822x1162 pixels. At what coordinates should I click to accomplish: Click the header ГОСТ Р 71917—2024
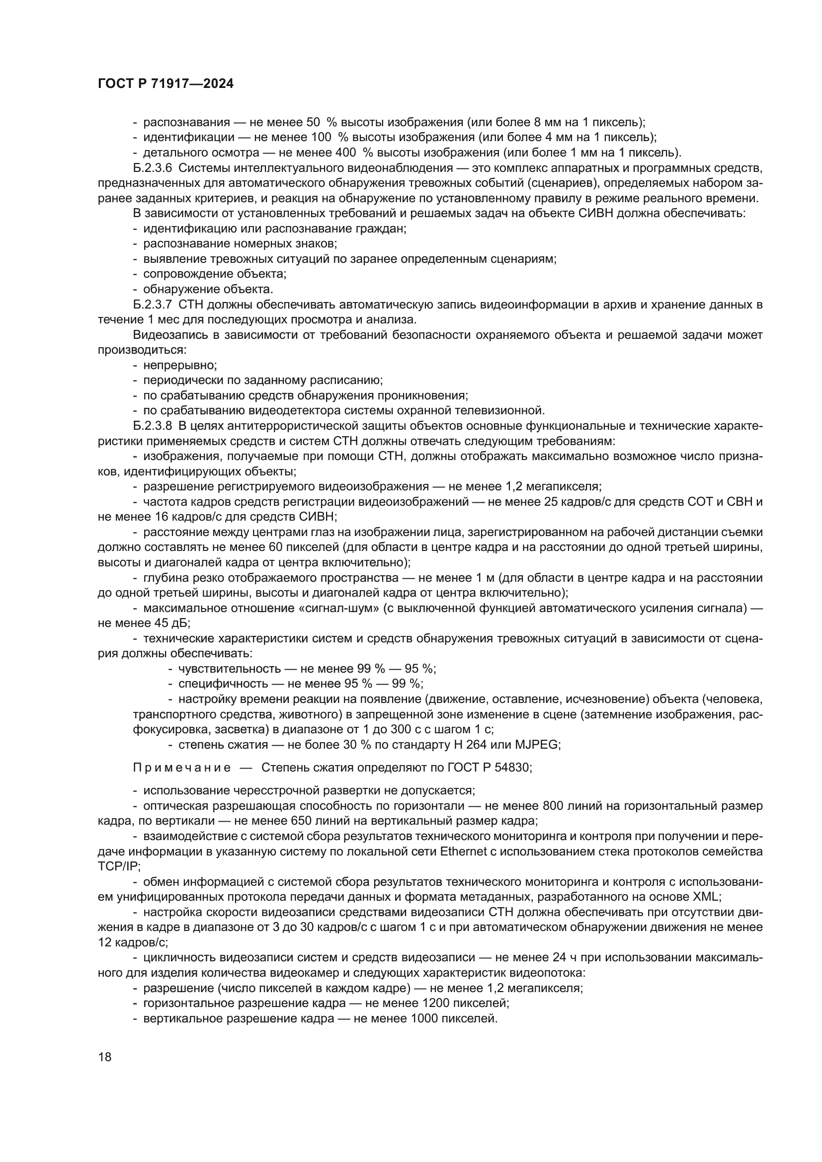coord(165,84)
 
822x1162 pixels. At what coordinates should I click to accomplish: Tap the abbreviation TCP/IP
coord(118,866)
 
